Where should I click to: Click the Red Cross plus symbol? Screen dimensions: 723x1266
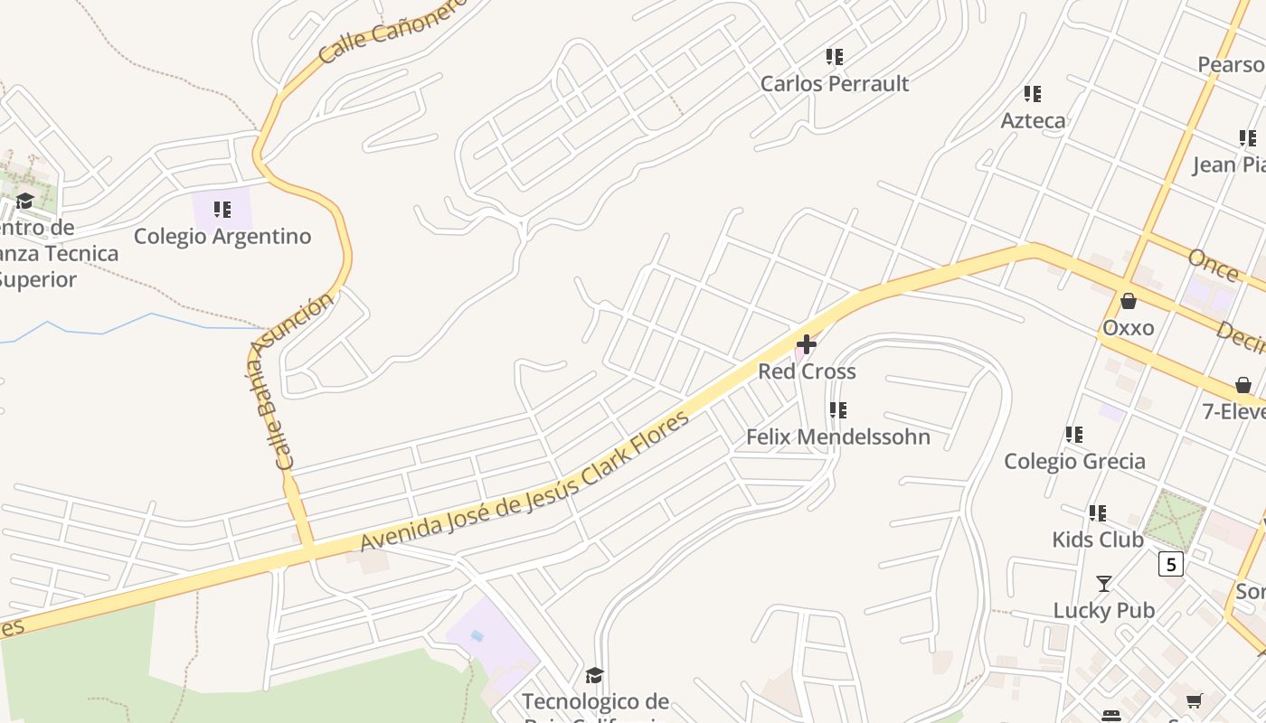point(807,344)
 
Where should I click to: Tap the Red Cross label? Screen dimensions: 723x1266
point(807,371)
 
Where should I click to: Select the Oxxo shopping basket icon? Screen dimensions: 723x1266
point(1128,301)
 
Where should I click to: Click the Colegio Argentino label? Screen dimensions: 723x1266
point(222,237)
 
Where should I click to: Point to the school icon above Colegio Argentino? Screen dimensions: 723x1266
point(222,210)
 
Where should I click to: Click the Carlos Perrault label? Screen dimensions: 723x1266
point(835,84)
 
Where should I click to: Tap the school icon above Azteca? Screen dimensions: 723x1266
point(1033,93)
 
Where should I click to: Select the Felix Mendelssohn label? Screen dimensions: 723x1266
point(838,437)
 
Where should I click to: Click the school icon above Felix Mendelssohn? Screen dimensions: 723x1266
point(838,410)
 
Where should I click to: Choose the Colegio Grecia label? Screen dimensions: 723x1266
point(1074,462)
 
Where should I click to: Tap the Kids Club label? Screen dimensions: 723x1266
point(1098,540)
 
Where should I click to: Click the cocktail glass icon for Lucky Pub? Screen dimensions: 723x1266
point(1103,584)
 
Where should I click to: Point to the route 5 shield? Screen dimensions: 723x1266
point(1171,565)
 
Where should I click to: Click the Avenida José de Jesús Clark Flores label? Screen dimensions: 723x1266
point(524,480)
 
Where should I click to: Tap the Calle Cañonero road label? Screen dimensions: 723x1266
point(392,31)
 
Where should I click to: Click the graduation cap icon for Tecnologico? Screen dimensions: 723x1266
point(594,675)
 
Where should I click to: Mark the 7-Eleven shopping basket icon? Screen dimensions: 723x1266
point(1243,386)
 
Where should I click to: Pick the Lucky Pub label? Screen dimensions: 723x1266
point(1103,611)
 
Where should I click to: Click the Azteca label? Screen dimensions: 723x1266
point(1033,121)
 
